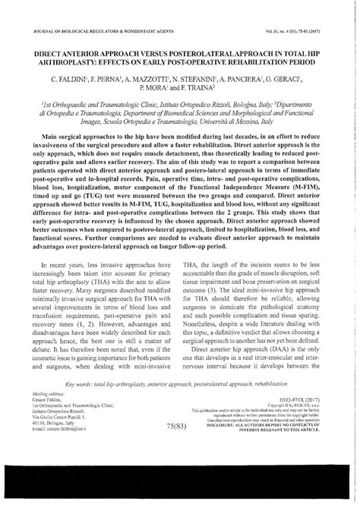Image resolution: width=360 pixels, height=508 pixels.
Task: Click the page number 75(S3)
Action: click(172, 438)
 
